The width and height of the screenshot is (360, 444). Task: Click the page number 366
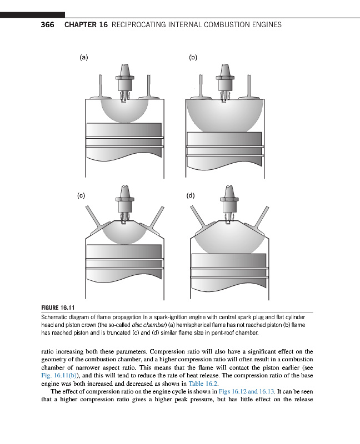47,25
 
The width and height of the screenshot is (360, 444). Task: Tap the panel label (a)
84,57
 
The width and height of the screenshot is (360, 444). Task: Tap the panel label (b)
193,57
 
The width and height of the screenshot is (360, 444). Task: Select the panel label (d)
191,195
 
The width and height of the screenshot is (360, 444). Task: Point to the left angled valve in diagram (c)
94,220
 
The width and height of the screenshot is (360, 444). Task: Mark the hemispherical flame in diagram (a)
124,111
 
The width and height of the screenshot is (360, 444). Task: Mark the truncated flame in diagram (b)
225,114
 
